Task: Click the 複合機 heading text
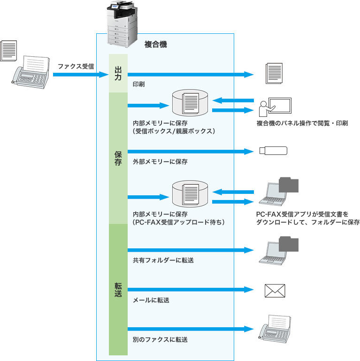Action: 156,46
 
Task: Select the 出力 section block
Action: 118,74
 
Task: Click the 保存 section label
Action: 118,158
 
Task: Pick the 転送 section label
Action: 118,289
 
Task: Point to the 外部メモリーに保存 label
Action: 160,161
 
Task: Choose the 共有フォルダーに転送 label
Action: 163,260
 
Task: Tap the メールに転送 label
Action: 151,300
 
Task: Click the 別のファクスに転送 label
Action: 160,338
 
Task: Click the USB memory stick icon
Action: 273,151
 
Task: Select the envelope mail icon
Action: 275,291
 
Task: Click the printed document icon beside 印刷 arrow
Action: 274,74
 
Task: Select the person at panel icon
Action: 275,107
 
